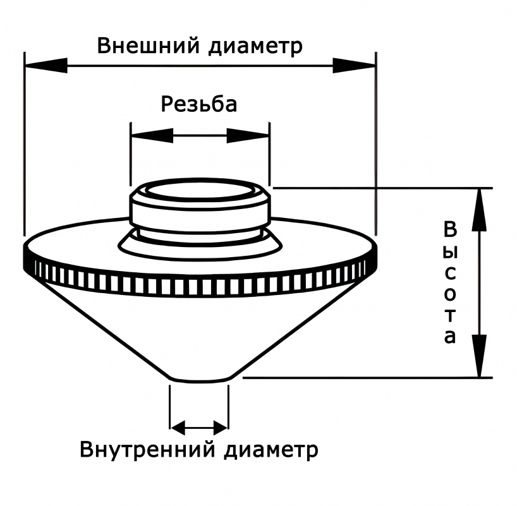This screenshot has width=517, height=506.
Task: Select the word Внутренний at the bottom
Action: coord(149,451)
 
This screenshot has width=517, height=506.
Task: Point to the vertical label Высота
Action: coord(449,282)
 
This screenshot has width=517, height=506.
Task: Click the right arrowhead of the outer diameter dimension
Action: coord(354,65)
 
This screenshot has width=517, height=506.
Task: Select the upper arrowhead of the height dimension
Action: coord(481,208)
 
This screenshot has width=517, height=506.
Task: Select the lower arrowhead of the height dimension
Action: coord(481,357)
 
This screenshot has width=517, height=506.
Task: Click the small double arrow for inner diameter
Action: coord(199,428)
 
